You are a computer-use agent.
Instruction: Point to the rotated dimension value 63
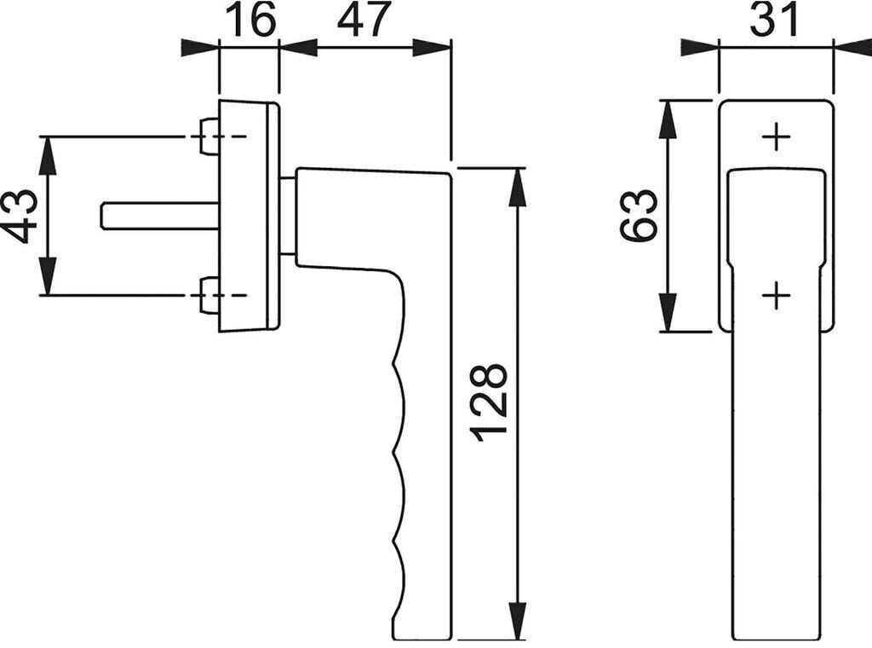tap(640, 216)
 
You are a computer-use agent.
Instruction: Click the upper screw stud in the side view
tap(209, 136)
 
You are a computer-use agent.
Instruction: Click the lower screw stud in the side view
tap(209, 296)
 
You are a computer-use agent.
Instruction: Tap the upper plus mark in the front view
tap(776, 136)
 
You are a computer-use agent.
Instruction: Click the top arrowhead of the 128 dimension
tap(517, 187)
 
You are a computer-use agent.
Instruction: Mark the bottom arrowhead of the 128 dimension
tap(517, 620)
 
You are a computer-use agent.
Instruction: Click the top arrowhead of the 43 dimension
tap(48, 154)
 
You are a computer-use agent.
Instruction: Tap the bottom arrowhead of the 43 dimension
tap(48, 277)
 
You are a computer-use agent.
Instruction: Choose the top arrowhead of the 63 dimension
tap(668, 119)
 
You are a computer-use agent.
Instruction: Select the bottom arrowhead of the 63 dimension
tap(668, 312)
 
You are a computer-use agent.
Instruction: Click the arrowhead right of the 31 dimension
tap(852, 47)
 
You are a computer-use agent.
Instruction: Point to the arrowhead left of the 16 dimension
tap(200, 47)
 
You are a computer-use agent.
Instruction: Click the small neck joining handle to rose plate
tap(288, 216)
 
